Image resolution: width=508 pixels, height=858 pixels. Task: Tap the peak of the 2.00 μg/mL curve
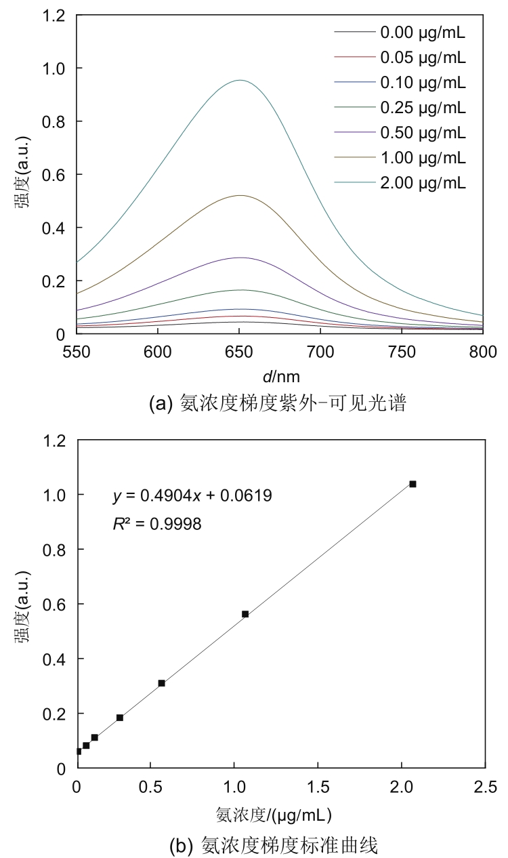[x=239, y=80]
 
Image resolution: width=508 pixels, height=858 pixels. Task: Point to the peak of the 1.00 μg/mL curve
[x=239, y=195]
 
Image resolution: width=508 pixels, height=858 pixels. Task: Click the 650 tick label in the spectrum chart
[x=239, y=350]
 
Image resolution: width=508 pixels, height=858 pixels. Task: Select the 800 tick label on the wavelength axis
[x=483, y=350]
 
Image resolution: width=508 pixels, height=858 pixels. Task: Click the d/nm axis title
[x=279, y=375]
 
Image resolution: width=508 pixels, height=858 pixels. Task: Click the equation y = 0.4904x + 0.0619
[x=192, y=496]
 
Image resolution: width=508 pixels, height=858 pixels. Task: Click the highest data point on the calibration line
[x=412, y=484]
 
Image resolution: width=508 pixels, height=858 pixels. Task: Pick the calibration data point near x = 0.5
[x=161, y=683]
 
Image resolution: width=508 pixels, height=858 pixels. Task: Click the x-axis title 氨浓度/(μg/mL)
[x=274, y=813]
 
